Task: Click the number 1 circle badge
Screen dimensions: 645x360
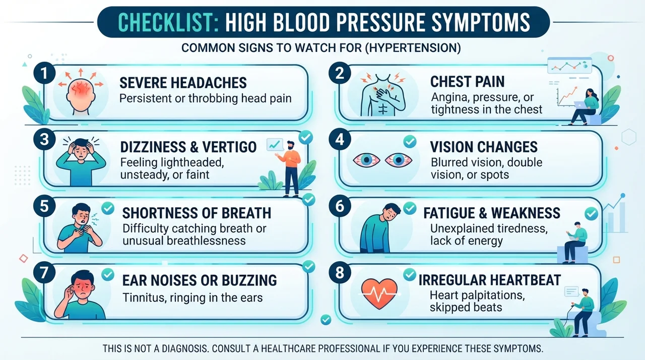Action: (44, 73)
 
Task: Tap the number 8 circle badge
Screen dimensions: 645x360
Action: (340, 272)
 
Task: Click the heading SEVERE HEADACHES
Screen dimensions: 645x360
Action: (183, 83)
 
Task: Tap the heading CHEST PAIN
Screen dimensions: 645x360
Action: (467, 82)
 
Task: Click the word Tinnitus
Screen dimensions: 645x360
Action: (145, 297)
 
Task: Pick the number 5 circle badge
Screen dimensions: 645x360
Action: (44, 206)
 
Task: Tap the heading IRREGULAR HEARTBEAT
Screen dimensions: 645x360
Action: (489, 280)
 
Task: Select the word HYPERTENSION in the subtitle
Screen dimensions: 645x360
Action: (413, 48)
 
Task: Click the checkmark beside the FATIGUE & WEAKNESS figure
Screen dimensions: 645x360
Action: (410, 208)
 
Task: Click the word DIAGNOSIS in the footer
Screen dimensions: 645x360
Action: (185, 349)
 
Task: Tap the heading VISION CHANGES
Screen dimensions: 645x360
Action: (484, 147)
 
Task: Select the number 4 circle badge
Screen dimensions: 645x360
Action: (340, 139)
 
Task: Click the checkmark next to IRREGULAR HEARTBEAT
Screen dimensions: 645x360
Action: (410, 274)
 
